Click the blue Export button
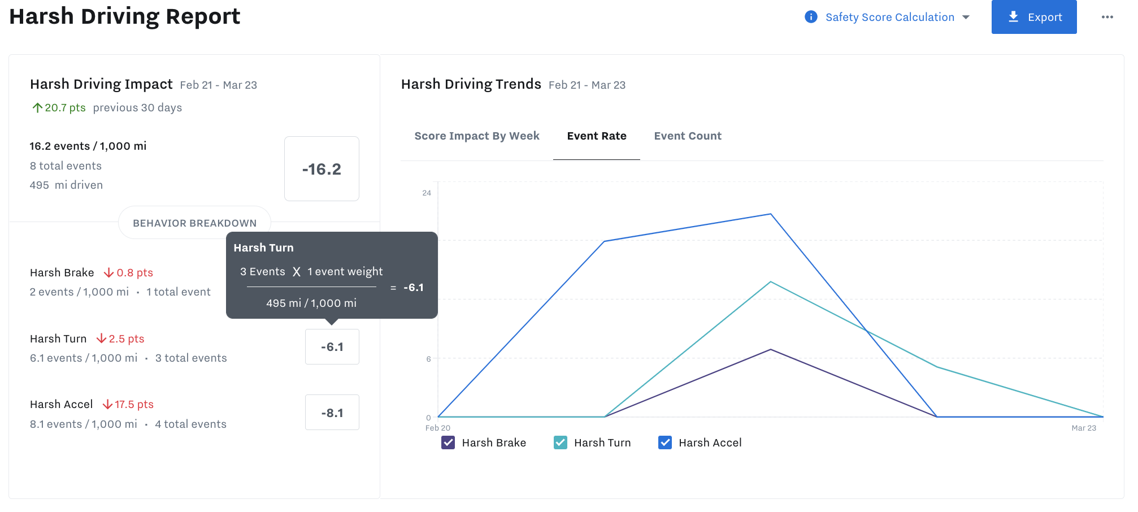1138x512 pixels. click(1033, 17)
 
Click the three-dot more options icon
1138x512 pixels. click(1107, 17)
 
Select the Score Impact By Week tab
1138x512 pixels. click(476, 136)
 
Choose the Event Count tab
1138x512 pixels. click(687, 136)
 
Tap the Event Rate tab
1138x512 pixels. click(596, 136)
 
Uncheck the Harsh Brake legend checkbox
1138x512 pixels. click(448, 442)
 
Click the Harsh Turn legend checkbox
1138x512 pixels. click(561, 442)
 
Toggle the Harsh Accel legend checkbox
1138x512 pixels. click(665, 442)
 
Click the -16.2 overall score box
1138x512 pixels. click(322, 169)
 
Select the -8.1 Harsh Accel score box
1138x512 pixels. click(332, 413)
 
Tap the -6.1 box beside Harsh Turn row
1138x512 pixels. click(332, 347)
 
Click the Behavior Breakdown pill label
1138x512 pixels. click(194, 223)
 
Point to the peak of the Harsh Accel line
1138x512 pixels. click(770, 214)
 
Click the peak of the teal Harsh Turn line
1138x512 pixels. click(770, 282)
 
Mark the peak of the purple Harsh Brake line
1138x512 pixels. click(770, 350)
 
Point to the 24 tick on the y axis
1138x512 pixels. click(427, 193)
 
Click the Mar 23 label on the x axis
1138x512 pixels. click(1083, 428)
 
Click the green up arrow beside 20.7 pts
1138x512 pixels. click(37, 108)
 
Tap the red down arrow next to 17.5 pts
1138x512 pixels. click(107, 405)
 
